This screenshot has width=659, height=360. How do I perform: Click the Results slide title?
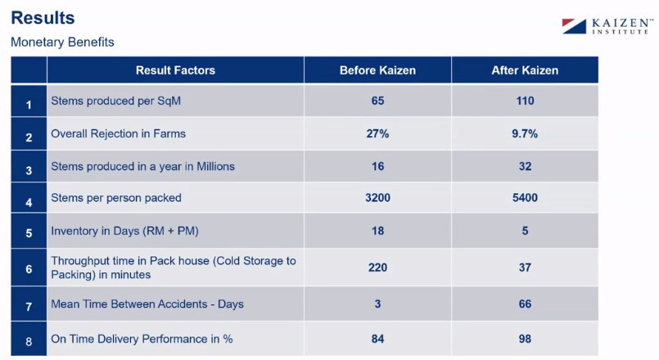point(43,17)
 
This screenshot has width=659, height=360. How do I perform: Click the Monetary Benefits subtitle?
point(62,42)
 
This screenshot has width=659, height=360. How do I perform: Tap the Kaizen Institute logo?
point(606,25)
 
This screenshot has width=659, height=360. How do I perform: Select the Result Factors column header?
point(175,70)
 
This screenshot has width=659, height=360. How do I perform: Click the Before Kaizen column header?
point(377,70)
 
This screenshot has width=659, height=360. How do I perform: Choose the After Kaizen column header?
point(525,70)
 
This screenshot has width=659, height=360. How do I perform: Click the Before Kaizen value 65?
point(377,101)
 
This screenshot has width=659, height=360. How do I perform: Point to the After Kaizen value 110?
point(525,101)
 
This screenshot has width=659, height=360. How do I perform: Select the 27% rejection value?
point(377,133)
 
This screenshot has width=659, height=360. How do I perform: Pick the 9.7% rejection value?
point(525,133)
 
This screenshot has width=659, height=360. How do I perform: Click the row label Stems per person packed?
point(116,197)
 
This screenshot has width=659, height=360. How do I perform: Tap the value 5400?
point(525,197)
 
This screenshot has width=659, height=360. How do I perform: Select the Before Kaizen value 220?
point(377,268)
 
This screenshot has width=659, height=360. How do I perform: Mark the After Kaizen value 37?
point(525,268)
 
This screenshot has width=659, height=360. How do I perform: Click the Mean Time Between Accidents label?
point(147,304)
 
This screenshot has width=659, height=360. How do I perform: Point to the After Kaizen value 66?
point(525,304)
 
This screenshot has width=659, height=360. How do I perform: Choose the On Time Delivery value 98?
point(525,339)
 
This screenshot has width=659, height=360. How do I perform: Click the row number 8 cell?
point(29,340)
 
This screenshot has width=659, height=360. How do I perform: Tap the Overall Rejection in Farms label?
point(124,133)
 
